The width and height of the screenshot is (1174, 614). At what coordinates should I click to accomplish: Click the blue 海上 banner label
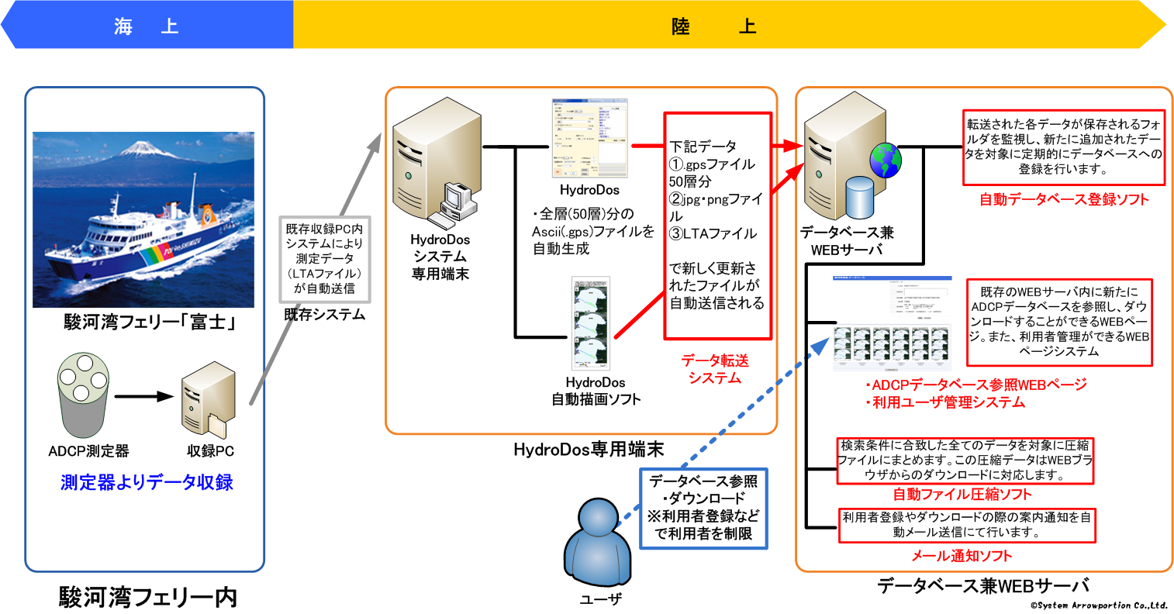point(147,26)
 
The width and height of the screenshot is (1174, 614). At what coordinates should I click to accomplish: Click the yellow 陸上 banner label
point(713,26)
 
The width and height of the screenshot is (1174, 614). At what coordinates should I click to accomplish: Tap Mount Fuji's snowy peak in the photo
point(140,147)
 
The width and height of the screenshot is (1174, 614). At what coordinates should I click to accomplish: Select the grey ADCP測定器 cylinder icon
point(81,395)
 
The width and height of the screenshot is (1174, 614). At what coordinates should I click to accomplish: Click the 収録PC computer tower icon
point(208,399)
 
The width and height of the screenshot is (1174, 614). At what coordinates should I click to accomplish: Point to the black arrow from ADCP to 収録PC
point(143,396)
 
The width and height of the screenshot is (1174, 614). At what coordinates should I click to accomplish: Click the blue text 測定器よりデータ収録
point(147,482)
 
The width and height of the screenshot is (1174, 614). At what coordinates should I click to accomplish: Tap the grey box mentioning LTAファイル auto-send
point(324,259)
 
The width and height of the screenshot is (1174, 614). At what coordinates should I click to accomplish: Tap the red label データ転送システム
point(715,369)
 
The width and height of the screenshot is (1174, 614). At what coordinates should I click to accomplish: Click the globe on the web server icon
point(885,160)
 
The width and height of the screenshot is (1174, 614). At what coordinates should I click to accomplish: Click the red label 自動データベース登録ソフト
point(1064,199)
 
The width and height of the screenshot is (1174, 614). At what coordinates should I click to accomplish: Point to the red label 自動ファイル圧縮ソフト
point(962,494)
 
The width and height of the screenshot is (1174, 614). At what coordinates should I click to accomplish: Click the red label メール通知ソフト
point(962,556)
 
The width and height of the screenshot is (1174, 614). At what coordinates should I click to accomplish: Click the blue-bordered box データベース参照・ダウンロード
point(703,508)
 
